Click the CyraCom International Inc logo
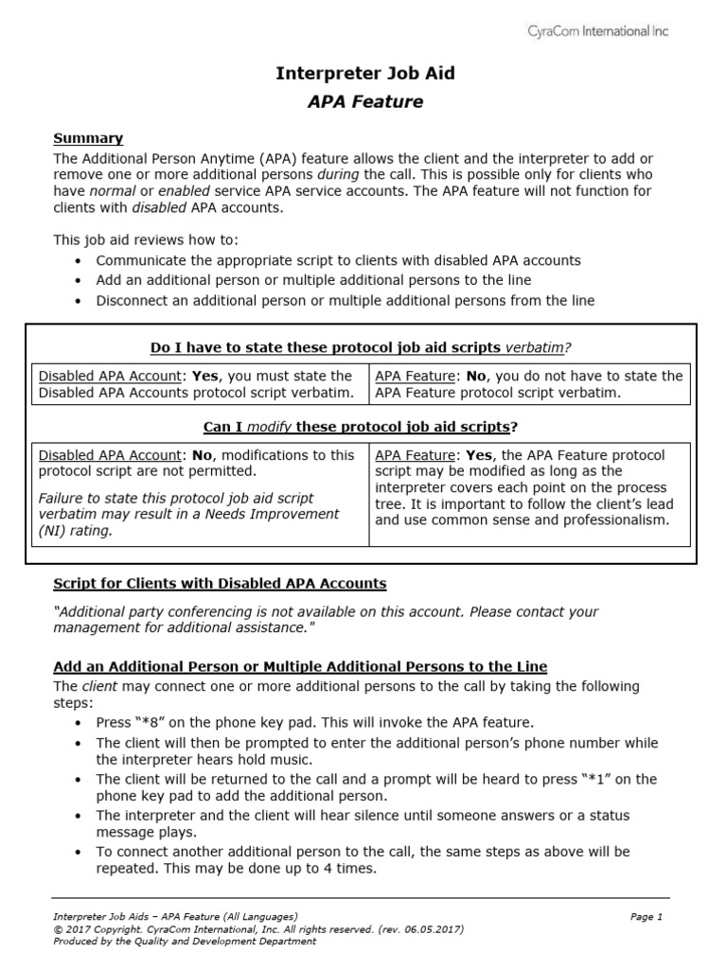597,31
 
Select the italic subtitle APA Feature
364,101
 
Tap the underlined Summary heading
88,138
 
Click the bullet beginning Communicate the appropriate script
338,259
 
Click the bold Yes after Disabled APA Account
207,376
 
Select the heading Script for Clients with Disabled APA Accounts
220,583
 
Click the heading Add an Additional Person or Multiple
300,666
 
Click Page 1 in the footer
647,916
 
